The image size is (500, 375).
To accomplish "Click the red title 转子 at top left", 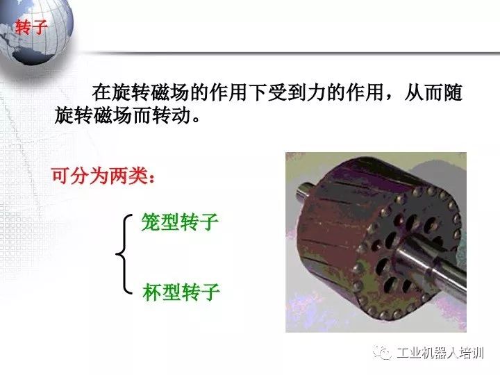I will [31, 28].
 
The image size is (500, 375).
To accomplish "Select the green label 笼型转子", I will [180, 223].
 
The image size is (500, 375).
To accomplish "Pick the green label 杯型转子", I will [181, 292].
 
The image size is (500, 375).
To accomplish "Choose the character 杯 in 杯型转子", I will [151, 292].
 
